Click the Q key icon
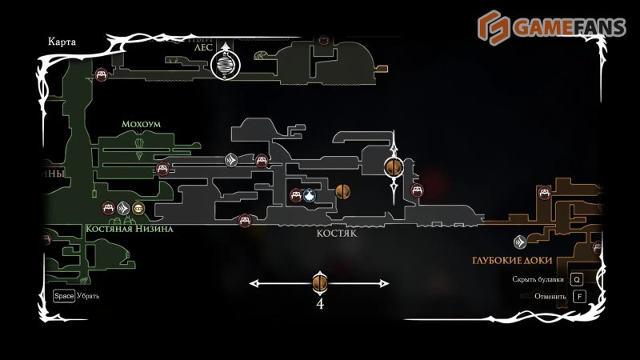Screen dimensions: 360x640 pos(577,279)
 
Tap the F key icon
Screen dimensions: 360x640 pos(580,296)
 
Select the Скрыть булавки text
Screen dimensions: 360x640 pos(538,280)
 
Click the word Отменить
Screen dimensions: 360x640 pos(551,297)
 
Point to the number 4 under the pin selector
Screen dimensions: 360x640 pos(320,304)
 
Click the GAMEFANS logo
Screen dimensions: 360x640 pos(548,26)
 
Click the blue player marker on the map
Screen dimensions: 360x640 pos(310,194)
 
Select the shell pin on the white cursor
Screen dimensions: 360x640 pos(394,166)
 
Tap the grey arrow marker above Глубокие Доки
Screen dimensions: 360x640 pos(519,241)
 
